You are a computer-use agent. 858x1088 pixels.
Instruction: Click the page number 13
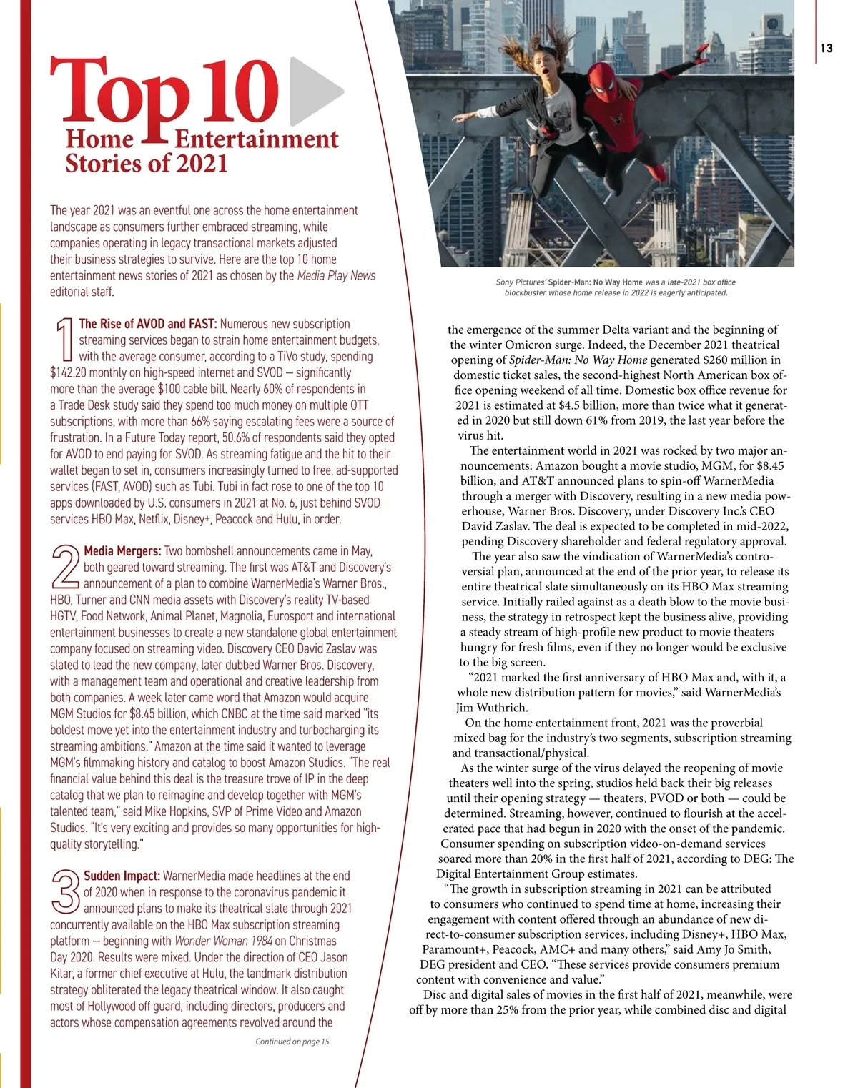click(x=827, y=49)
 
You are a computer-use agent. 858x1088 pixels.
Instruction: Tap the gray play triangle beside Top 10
click(x=315, y=92)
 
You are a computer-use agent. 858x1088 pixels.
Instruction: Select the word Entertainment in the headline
click(x=257, y=139)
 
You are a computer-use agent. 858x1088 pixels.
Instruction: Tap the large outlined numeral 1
click(x=64, y=340)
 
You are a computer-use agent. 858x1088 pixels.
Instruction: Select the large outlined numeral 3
click(x=65, y=892)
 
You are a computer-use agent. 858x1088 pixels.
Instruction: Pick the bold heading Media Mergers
click(x=122, y=551)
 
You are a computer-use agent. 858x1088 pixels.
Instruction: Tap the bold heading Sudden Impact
click(x=122, y=876)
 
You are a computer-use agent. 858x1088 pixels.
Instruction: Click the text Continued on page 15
click(x=292, y=1042)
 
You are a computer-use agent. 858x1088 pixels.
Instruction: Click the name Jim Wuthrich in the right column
click(x=492, y=708)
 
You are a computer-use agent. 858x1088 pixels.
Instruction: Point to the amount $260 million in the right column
click(x=742, y=360)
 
